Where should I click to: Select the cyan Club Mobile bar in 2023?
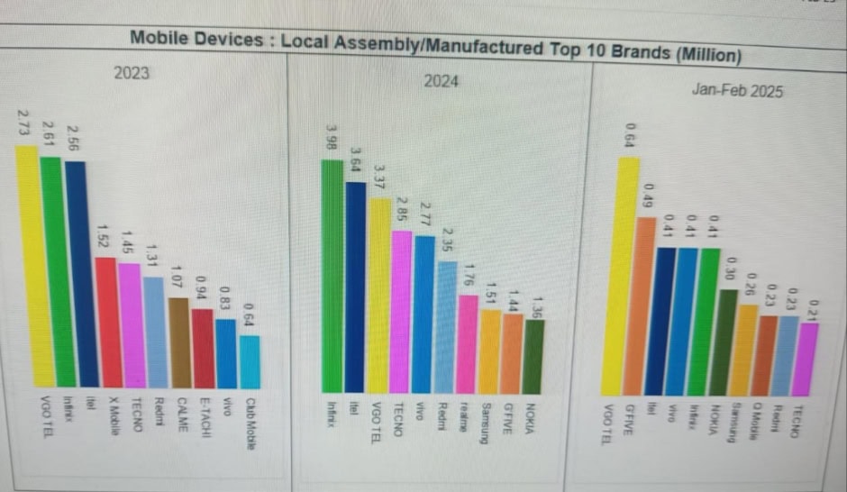coord(250,361)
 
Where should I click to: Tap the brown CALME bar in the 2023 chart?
coord(178,342)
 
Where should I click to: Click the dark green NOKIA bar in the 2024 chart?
coord(534,355)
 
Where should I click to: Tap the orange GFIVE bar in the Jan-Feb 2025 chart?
coord(645,306)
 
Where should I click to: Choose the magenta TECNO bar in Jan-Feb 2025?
coord(808,360)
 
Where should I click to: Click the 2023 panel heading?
coord(132,74)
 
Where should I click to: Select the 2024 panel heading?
coord(442,82)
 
